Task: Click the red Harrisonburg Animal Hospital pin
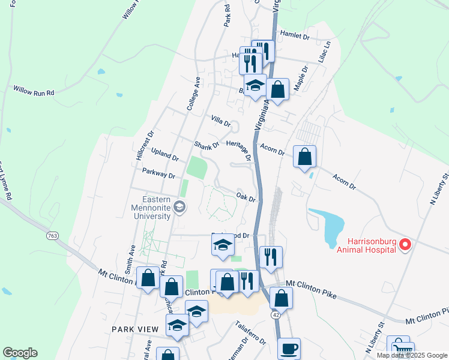(405, 244)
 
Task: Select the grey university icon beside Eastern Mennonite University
(179, 208)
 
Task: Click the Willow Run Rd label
(34, 91)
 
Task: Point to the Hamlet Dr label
(295, 37)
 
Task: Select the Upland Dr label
(164, 154)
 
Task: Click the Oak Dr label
(246, 196)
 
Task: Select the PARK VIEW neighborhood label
(135, 329)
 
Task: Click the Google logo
(20, 353)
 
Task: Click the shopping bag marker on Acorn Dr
(304, 157)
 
